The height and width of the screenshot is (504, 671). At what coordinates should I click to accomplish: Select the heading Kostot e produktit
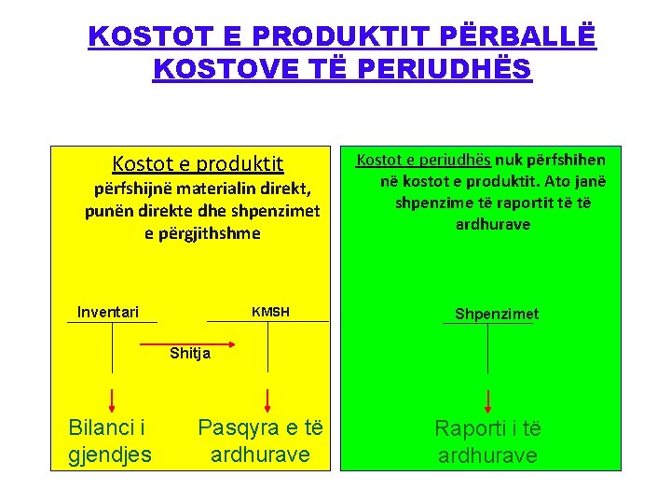pos(198,164)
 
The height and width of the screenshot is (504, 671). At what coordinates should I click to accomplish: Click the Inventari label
pos(108,312)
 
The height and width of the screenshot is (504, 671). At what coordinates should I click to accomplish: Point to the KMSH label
pos(270,312)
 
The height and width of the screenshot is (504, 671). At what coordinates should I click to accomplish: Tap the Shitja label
pos(190,353)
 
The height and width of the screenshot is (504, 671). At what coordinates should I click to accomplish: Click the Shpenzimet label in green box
pos(497,315)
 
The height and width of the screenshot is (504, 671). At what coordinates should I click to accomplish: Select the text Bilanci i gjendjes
pos(110,441)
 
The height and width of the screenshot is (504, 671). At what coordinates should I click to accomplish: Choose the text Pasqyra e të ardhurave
pos(260,441)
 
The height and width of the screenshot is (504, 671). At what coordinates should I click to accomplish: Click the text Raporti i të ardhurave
pos(487,441)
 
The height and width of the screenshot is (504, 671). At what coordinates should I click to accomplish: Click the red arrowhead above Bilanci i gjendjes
pos(113,402)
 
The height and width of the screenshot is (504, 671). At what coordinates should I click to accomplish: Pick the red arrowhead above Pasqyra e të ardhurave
pos(267,402)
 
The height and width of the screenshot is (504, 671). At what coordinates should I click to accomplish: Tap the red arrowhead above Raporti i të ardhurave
pos(488,402)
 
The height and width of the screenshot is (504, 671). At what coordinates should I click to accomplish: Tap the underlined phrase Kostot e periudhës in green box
pos(424,160)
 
